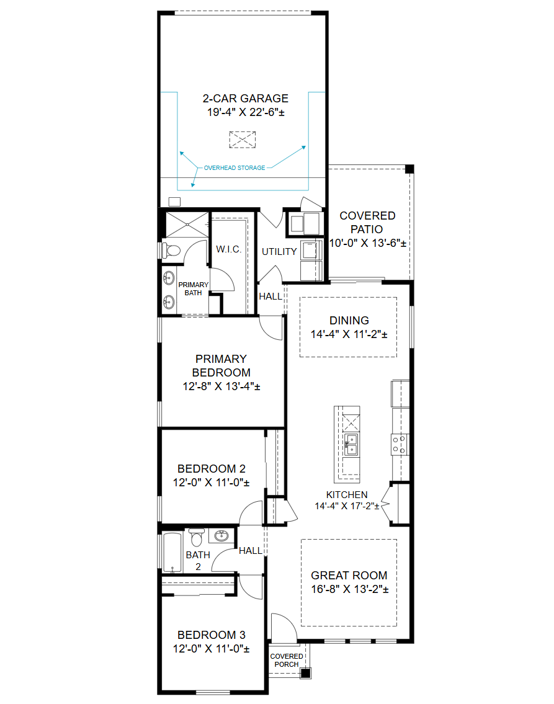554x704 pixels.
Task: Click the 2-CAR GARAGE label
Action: coord(245,99)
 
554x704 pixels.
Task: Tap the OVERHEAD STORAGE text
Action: coord(235,168)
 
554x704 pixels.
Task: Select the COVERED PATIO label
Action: coord(367,222)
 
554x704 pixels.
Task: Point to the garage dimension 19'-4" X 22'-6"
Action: coord(246,112)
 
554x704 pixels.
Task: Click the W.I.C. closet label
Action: coord(228,249)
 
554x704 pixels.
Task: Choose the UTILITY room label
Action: coord(279,251)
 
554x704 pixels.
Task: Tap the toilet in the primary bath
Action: coord(171,250)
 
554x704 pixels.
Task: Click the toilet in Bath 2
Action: coord(196,537)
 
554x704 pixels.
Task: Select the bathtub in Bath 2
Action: coord(172,552)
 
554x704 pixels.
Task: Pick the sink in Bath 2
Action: coord(221,535)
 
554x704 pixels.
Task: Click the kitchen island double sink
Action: coord(351,445)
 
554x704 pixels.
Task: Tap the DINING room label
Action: coord(349,321)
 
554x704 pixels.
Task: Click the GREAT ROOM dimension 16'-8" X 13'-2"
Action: coord(350,589)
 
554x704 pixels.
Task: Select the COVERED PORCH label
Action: coord(287,660)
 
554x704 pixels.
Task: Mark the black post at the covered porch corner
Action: coord(305,673)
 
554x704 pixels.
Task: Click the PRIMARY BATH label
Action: coord(193,288)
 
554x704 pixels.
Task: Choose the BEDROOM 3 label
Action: coord(212,635)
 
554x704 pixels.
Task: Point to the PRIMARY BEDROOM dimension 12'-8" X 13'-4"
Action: coord(221,386)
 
